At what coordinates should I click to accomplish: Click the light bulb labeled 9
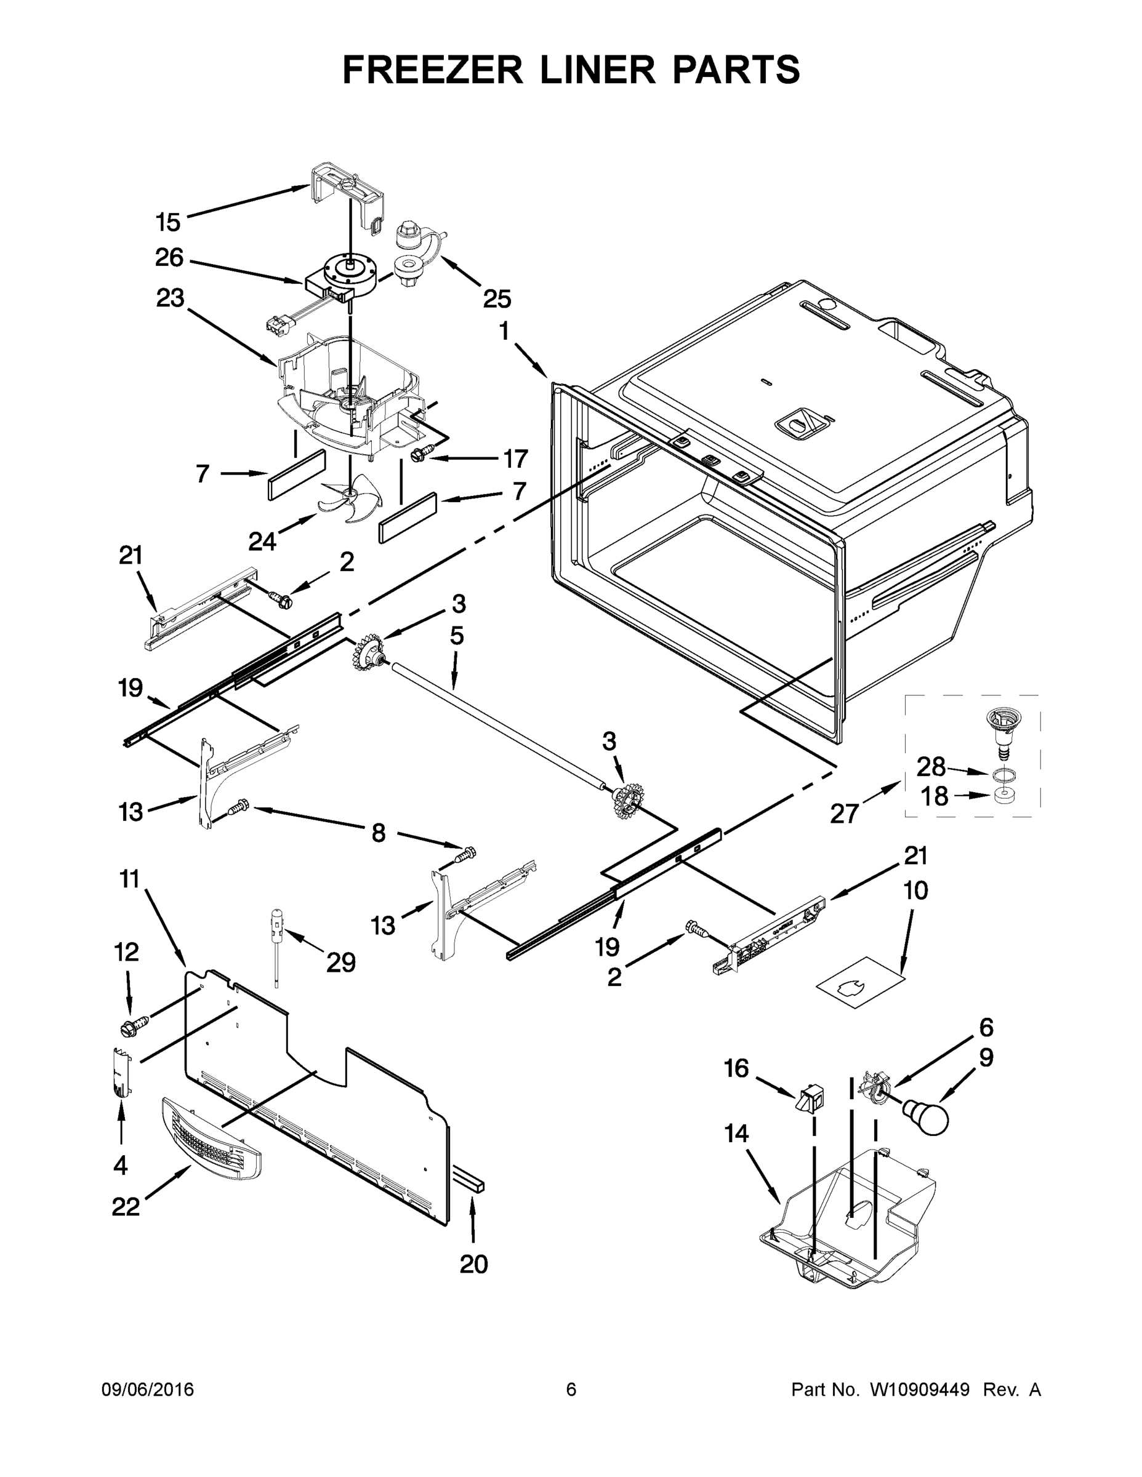click(928, 1115)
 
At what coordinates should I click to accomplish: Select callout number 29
click(340, 962)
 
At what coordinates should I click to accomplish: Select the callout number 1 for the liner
click(504, 331)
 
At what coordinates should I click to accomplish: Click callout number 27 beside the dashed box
click(844, 814)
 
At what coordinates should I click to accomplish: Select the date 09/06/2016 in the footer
click(148, 1390)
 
